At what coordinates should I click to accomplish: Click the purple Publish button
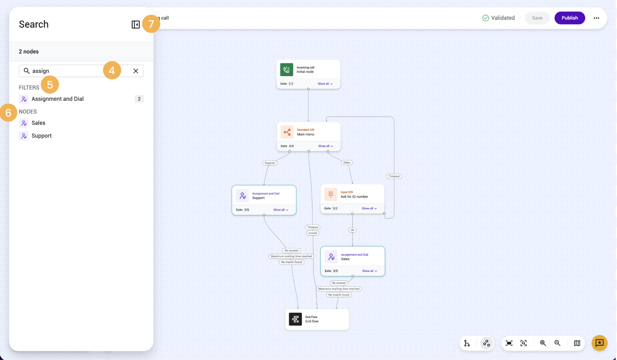[569, 18]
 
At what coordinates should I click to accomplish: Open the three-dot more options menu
[596, 18]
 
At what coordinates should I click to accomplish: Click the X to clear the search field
[136, 71]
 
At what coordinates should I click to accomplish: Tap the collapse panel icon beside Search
[135, 25]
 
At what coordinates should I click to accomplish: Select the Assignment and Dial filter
[57, 99]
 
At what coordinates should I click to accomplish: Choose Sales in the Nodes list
[38, 123]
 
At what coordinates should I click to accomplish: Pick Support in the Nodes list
[41, 136]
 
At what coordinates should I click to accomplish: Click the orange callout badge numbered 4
[112, 70]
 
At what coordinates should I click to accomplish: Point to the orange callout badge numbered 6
[8, 113]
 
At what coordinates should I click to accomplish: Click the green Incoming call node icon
[286, 70]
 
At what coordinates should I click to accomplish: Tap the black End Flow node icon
[295, 319]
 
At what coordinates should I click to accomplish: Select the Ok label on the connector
[352, 230]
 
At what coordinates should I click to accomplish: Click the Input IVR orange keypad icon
[330, 194]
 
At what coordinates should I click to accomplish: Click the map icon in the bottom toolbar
[577, 343]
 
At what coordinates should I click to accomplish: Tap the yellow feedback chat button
[599, 343]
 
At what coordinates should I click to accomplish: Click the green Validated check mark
[485, 18]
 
